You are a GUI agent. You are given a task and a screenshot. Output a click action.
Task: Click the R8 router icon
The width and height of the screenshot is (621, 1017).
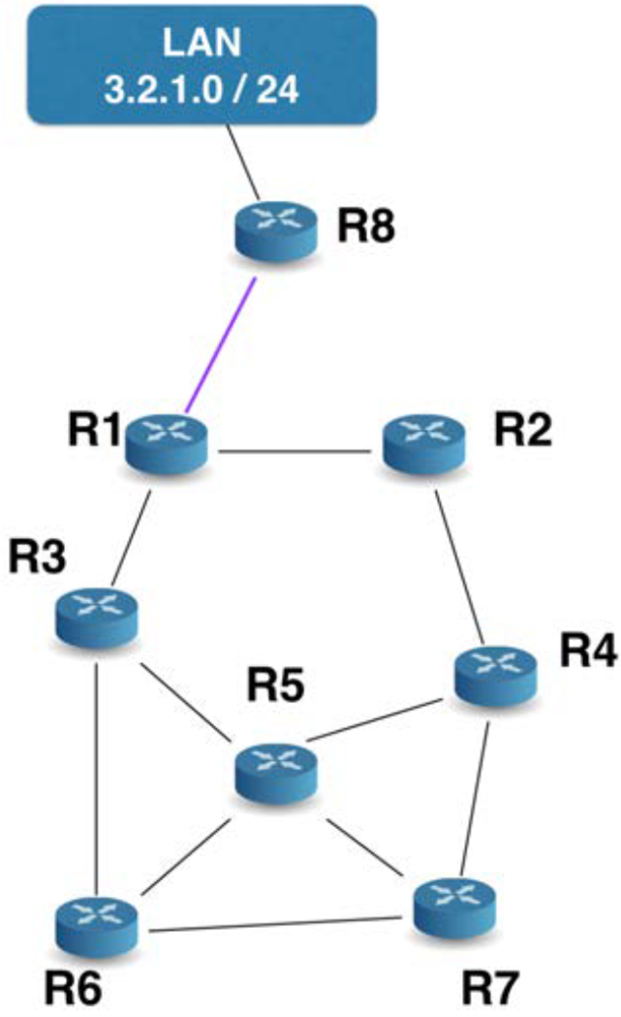[276, 232]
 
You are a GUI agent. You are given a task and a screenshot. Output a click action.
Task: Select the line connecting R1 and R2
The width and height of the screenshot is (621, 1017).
[295, 452]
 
